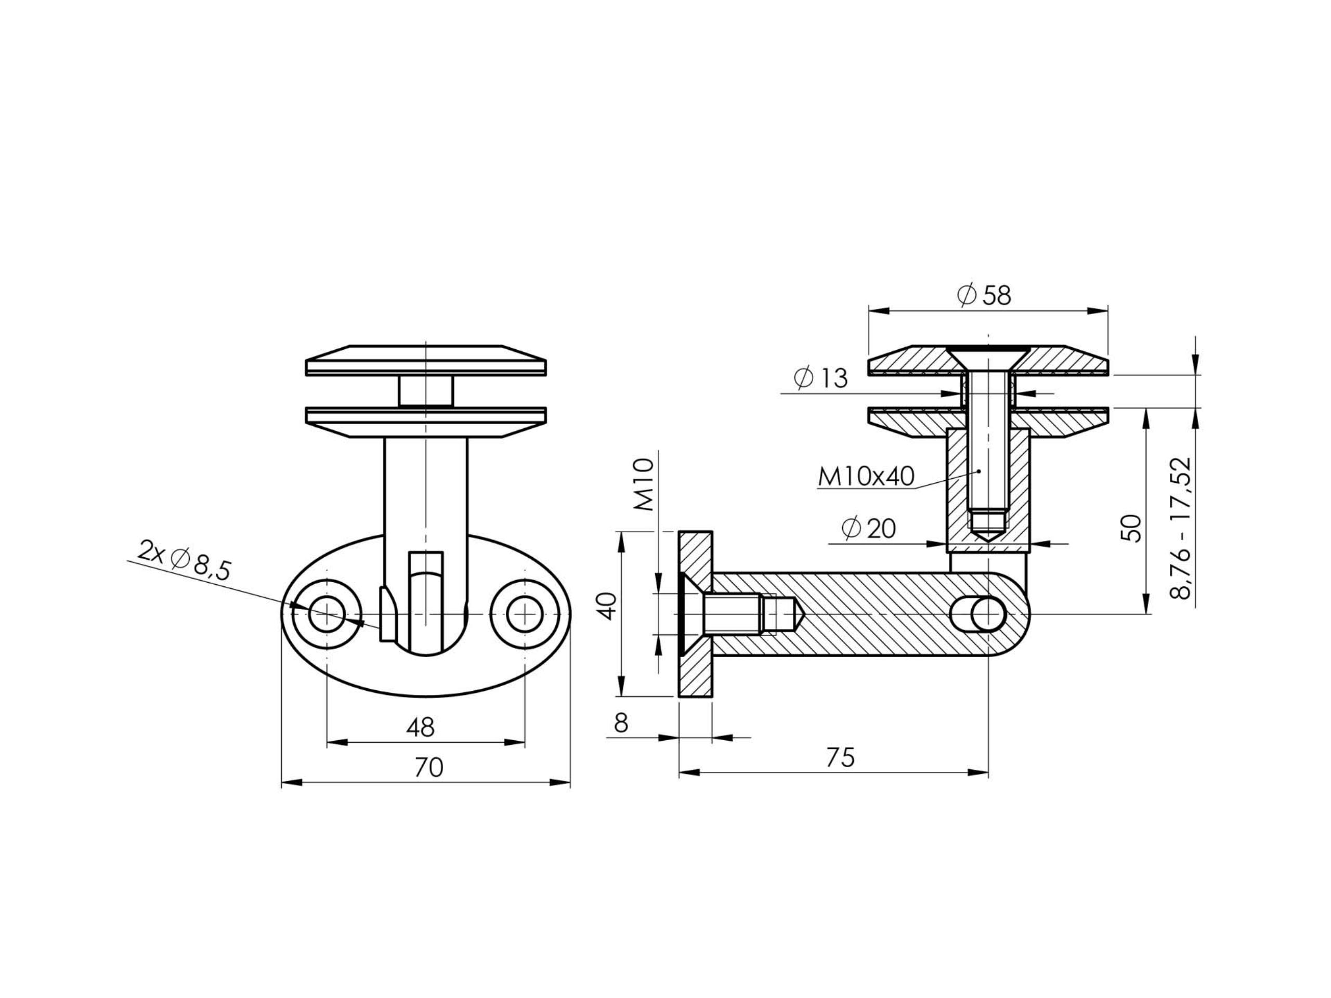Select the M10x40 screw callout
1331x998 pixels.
pyautogui.click(x=866, y=477)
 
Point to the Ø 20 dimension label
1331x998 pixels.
pyautogui.click(x=868, y=528)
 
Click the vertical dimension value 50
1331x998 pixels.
pyautogui.click(x=1132, y=528)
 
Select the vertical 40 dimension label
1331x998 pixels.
pyautogui.click(x=608, y=606)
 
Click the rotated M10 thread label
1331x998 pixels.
pyautogui.click(x=644, y=484)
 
